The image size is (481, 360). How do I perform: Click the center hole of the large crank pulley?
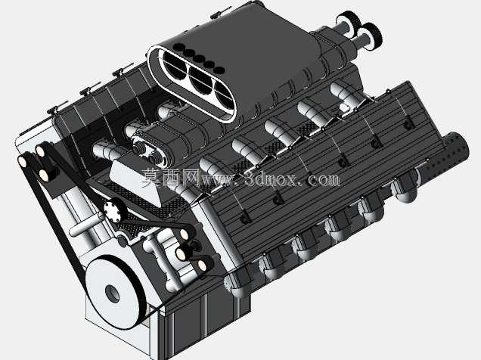point(112,293)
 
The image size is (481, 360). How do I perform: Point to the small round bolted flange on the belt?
point(114,209)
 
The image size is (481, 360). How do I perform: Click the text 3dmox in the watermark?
point(271,178)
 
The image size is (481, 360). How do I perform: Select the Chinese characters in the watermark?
point(170,178)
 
